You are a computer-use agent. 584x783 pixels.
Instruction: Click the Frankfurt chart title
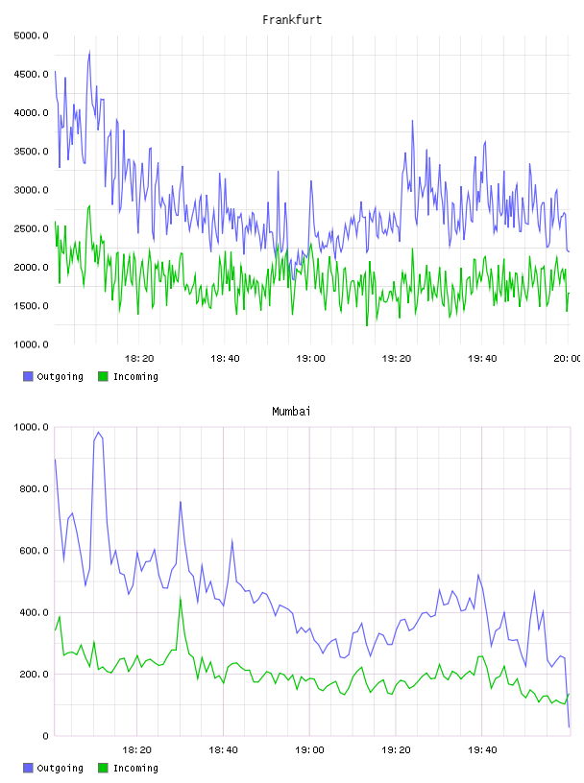coord(292,20)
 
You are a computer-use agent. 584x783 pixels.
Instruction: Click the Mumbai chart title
coord(291,412)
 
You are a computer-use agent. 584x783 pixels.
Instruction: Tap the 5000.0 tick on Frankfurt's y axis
coord(31,36)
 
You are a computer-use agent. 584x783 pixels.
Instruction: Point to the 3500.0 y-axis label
coord(31,152)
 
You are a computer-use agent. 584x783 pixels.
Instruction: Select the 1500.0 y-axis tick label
coord(31,305)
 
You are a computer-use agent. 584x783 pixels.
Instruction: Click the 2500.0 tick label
coord(31,228)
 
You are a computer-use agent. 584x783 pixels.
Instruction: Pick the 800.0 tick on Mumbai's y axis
coord(34,488)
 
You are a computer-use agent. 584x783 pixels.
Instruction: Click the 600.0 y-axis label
coord(34,551)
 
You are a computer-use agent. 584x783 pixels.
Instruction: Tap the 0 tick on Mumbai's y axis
coord(45,736)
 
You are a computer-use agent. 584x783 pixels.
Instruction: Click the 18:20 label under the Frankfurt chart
coord(139,359)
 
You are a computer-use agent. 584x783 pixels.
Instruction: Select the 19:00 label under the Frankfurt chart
coord(310,359)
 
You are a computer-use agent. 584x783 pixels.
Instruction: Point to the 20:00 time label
coord(568,359)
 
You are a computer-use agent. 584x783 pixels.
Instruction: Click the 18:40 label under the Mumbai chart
coord(223,750)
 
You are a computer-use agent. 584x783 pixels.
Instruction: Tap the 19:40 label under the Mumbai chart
coord(482,750)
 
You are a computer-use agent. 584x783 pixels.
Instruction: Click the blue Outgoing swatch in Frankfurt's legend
coord(28,376)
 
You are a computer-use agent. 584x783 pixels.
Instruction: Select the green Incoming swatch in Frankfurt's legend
coord(103,376)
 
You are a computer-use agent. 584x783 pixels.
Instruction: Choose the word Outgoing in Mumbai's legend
coord(60,768)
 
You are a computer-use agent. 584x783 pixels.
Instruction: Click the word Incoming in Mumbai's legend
coord(135,768)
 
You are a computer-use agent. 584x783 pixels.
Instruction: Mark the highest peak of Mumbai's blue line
coord(99,433)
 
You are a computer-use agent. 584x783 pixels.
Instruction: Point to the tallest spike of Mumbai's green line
coord(181,597)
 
